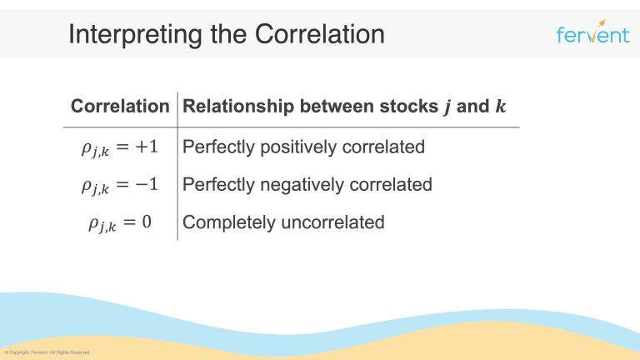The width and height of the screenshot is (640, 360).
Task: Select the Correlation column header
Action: click(x=120, y=107)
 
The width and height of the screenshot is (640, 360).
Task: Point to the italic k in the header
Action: click(x=499, y=107)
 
